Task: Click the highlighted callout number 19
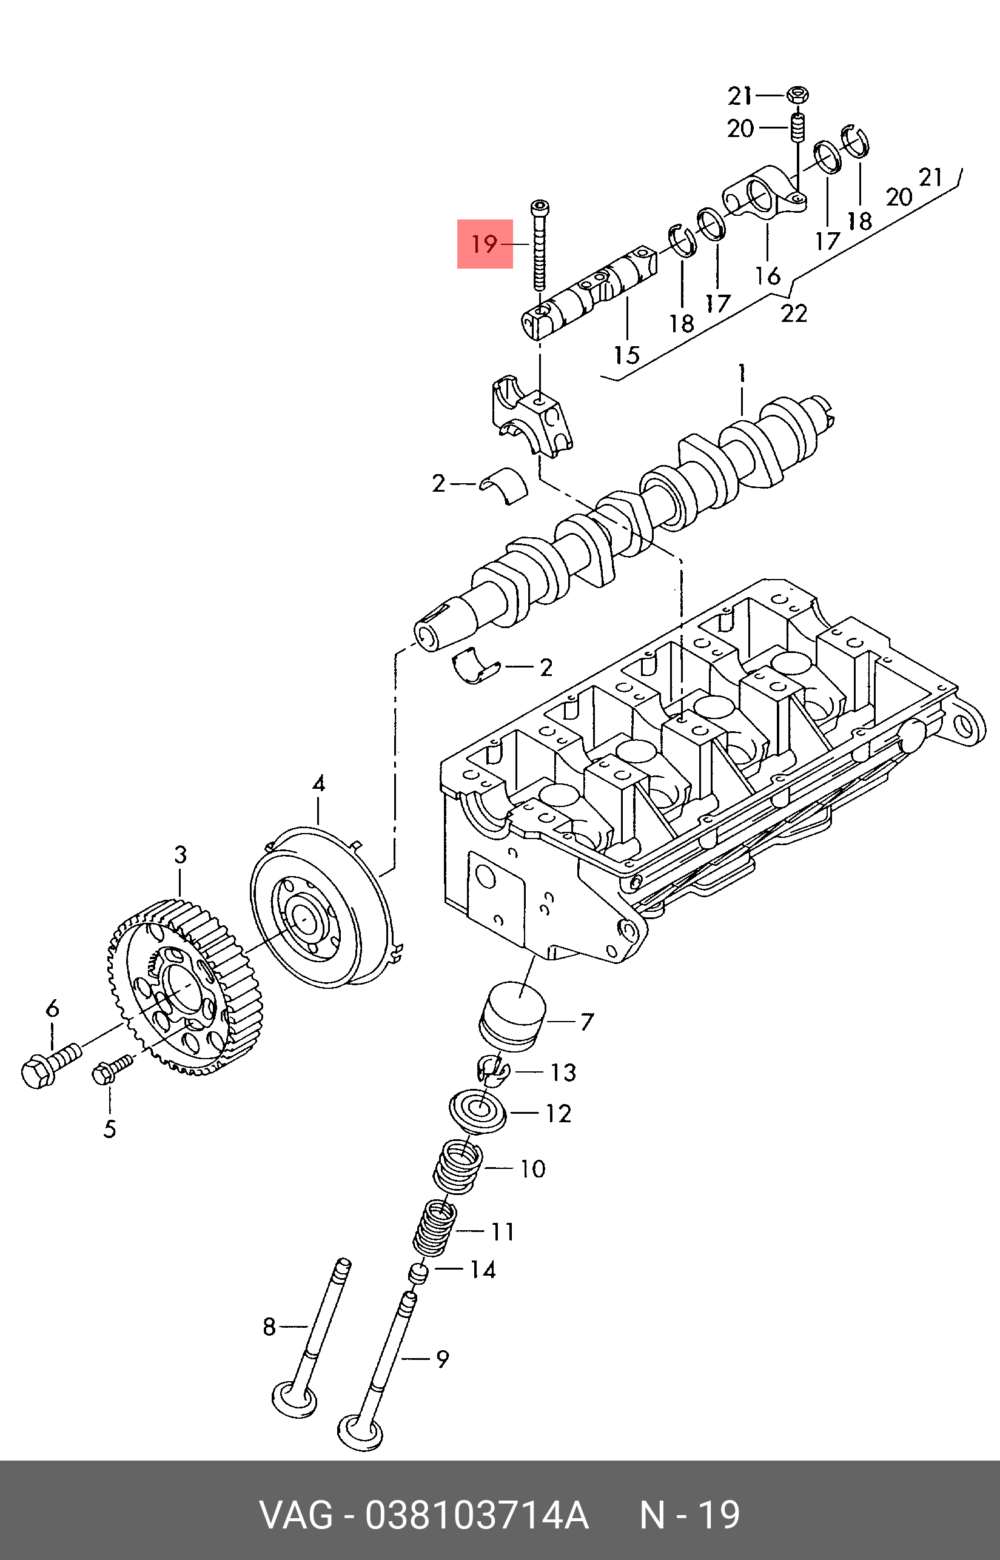coord(485,244)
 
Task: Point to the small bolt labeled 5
coord(108,1070)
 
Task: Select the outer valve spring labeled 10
coord(458,1168)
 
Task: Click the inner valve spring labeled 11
coord(434,1229)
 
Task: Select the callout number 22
coord(793,313)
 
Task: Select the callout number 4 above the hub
coord(318,783)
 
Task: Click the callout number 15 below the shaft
coord(626,355)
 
